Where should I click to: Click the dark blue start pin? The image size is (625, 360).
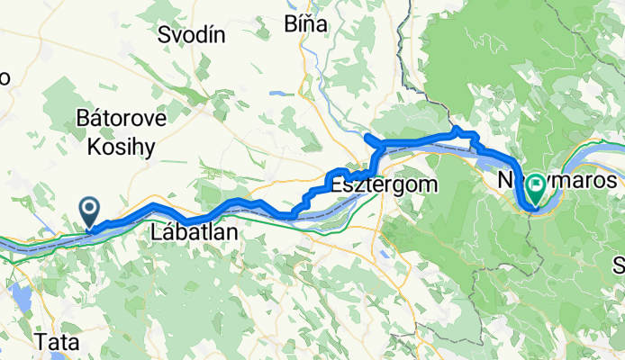(91, 212)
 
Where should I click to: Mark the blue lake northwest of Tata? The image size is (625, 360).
(18, 294)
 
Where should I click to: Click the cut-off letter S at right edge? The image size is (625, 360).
(620, 265)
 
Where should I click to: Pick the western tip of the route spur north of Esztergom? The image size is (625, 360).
(366, 136)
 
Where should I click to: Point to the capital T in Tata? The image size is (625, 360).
(41, 343)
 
